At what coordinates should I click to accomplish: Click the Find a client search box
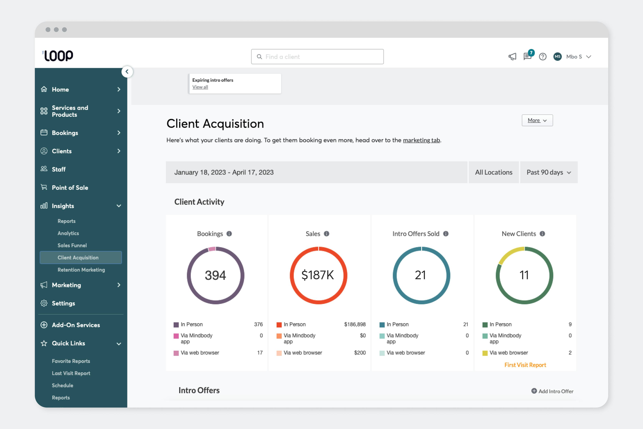(317, 57)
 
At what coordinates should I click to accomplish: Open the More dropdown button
(537, 120)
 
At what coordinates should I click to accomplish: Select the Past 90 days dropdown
(548, 172)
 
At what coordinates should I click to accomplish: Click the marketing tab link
(421, 140)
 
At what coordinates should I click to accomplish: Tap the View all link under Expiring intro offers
(200, 87)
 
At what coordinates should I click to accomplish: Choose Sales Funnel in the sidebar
(72, 245)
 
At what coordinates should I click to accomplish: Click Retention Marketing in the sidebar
(81, 270)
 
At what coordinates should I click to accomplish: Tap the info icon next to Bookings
(229, 234)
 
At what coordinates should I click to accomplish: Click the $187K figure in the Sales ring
(318, 275)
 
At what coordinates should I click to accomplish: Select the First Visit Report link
(525, 365)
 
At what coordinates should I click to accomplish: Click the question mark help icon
(543, 57)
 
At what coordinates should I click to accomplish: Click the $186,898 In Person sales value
(355, 324)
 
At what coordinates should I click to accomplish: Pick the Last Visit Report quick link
(71, 373)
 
